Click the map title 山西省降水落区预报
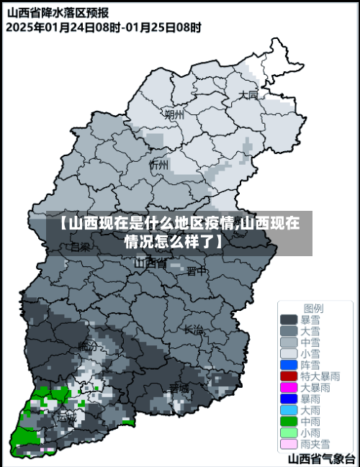58,12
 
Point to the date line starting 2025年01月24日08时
104,27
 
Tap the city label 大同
248,95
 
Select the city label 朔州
174,114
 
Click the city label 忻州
158,165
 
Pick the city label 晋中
197,271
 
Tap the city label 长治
194,330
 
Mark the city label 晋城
179,389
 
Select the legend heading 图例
313,307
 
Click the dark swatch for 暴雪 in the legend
289,319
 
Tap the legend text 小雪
310,353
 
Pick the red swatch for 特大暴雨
289,376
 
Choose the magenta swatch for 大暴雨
289,387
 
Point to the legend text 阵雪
310,365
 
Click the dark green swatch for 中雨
289,421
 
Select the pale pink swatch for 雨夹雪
289,443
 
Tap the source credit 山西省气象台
321,458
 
